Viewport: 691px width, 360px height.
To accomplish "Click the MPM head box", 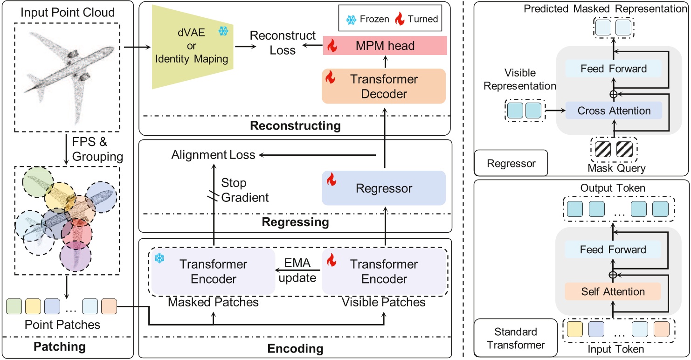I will [385, 46].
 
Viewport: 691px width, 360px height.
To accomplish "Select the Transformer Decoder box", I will [384, 86].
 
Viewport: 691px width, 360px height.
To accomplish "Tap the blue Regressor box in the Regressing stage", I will [384, 188].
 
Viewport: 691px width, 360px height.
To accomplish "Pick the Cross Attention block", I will [614, 111].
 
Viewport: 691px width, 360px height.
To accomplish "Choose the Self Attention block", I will [613, 292].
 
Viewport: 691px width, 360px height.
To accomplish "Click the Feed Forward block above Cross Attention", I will [614, 69].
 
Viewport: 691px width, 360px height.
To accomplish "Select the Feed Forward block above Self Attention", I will [613, 249].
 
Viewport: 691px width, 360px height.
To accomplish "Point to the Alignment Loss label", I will [213, 155].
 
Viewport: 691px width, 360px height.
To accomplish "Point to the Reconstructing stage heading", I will [295, 125].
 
